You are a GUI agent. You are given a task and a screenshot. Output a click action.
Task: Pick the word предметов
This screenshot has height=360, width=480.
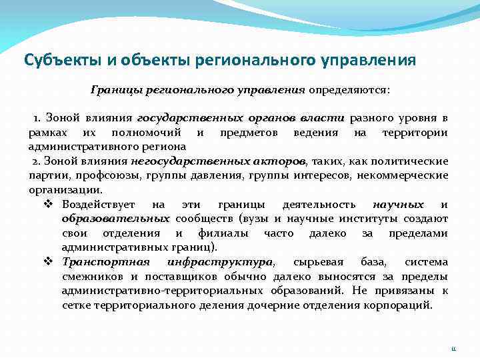[x=248, y=132]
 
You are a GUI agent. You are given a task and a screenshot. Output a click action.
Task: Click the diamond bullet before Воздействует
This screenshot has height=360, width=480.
[x=48, y=204]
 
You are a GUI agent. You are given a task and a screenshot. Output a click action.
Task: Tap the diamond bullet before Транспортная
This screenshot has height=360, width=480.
[x=48, y=262]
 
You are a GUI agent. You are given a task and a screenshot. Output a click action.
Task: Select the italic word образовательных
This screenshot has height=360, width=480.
[x=115, y=218]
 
